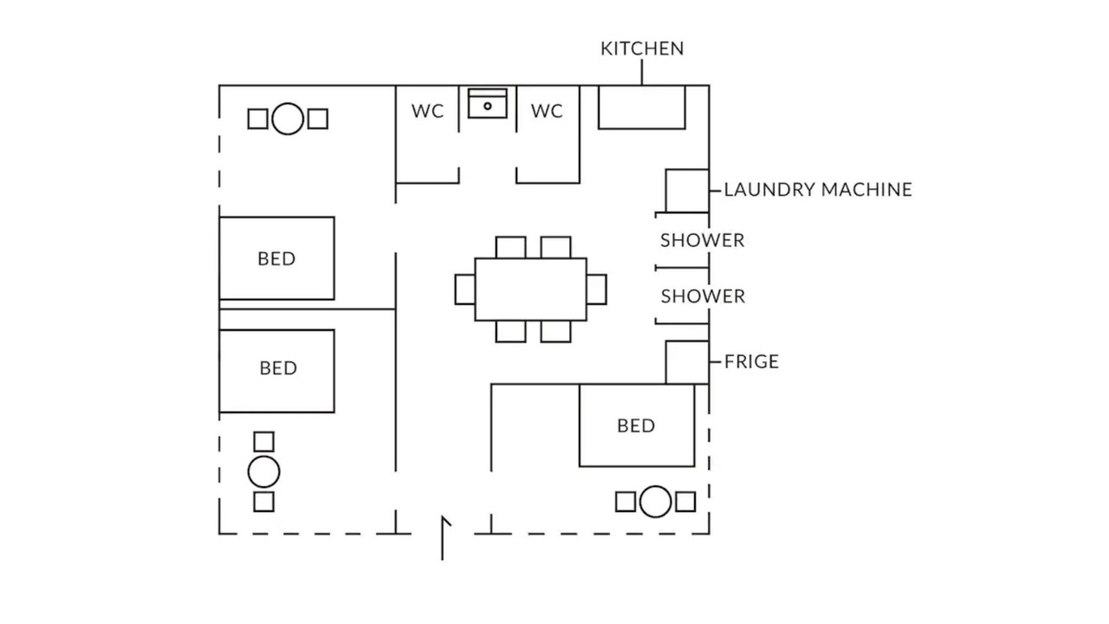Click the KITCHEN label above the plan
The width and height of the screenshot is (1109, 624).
pyautogui.click(x=642, y=49)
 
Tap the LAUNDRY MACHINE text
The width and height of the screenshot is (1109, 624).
pyautogui.click(x=818, y=190)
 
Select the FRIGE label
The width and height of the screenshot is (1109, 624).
pyautogui.click(x=751, y=361)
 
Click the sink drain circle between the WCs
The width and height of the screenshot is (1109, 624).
pyautogui.click(x=488, y=106)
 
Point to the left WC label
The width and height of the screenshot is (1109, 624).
pyautogui.click(x=427, y=111)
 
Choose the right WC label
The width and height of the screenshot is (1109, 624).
pyautogui.click(x=547, y=111)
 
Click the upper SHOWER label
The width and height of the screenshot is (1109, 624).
pyautogui.click(x=702, y=240)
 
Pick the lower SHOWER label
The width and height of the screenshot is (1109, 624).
pyautogui.click(x=703, y=296)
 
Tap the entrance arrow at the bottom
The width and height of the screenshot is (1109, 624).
pyautogui.click(x=443, y=538)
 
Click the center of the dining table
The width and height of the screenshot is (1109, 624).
pyautogui.click(x=531, y=289)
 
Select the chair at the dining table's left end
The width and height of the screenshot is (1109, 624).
pyautogui.click(x=465, y=289)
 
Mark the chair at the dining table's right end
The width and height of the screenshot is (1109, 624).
pyautogui.click(x=597, y=289)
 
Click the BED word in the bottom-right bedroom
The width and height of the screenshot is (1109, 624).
pyautogui.click(x=636, y=426)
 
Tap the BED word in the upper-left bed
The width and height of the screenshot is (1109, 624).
pyautogui.click(x=276, y=258)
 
